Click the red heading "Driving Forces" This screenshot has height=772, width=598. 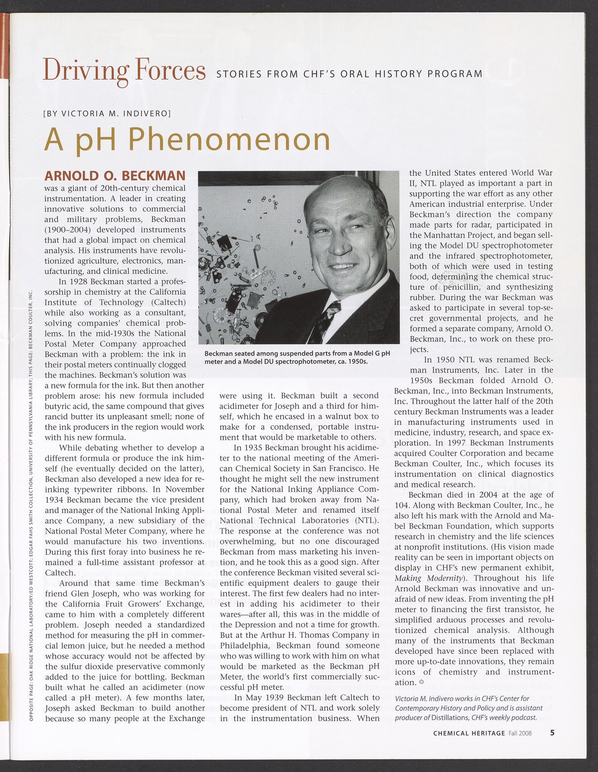click(x=124, y=70)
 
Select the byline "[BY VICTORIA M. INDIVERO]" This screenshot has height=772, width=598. click(x=108, y=113)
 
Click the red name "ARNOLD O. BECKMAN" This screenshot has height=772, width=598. click(x=115, y=176)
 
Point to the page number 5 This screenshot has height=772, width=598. click(x=553, y=733)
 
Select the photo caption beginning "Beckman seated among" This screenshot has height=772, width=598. click(x=297, y=357)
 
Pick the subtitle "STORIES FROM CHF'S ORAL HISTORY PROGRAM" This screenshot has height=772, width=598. click(x=349, y=74)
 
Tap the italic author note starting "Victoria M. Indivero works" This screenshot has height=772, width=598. click(x=465, y=708)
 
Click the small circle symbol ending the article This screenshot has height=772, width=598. click(x=422, y=682)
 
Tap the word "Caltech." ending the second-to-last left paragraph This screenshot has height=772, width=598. click(x=60, y=573)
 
